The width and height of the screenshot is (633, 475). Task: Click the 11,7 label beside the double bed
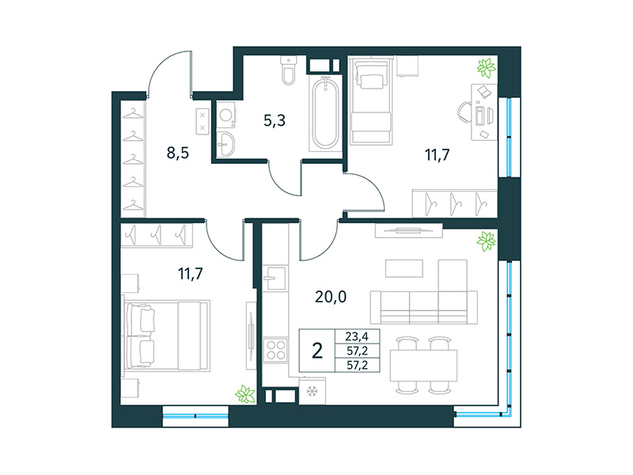point(190,275)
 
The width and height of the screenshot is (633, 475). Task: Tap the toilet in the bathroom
point(287,71)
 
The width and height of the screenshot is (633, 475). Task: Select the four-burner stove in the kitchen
point(275,349)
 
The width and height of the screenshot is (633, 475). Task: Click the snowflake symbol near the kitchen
point(311,392)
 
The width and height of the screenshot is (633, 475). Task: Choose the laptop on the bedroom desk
point(482,117)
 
